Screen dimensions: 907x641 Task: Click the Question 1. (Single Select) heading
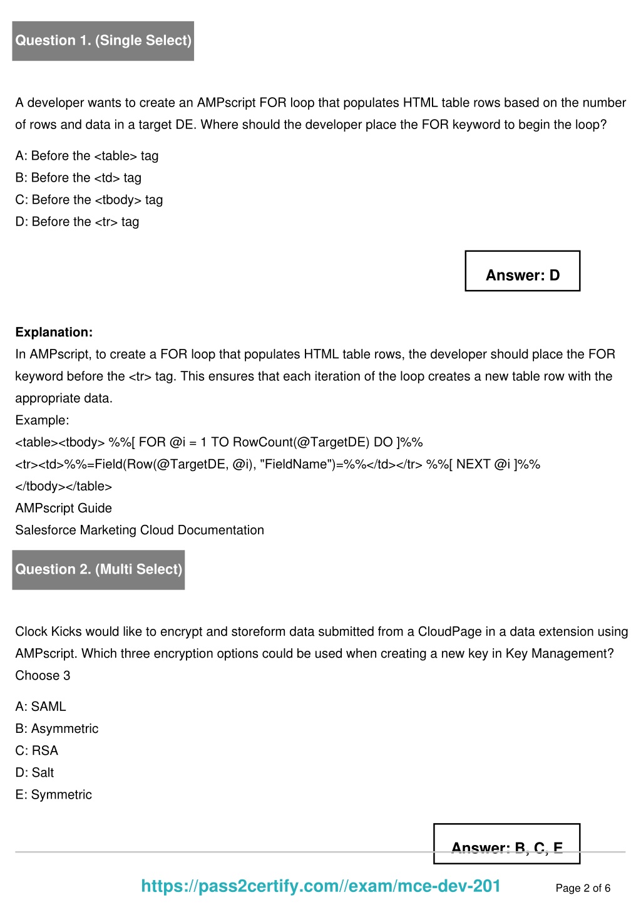[103, 41]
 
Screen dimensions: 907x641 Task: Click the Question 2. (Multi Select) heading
[99, 569]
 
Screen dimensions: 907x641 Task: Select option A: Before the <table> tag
[87, 156]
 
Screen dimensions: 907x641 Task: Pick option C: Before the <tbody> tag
[89, 200]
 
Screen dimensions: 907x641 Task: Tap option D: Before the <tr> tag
[77, 222]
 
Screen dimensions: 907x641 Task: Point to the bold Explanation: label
[54, 333]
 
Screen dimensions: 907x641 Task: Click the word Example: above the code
[42, 420]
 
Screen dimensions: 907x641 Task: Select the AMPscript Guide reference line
[63, 508]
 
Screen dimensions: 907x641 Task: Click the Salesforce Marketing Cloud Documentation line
[140, 530]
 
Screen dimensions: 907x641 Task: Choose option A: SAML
[41, 707]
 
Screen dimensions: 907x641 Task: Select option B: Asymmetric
[57, 728]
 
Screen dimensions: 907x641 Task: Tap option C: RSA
[37, 750]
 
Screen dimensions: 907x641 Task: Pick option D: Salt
[35, 772]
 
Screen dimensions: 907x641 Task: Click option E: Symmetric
[54, 794]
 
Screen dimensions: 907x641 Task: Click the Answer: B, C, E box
[507, 844]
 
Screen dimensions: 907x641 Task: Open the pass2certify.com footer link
[320, 886]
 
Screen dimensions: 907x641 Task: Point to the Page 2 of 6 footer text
[583, 888]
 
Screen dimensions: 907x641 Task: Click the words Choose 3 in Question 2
[43, 676]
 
